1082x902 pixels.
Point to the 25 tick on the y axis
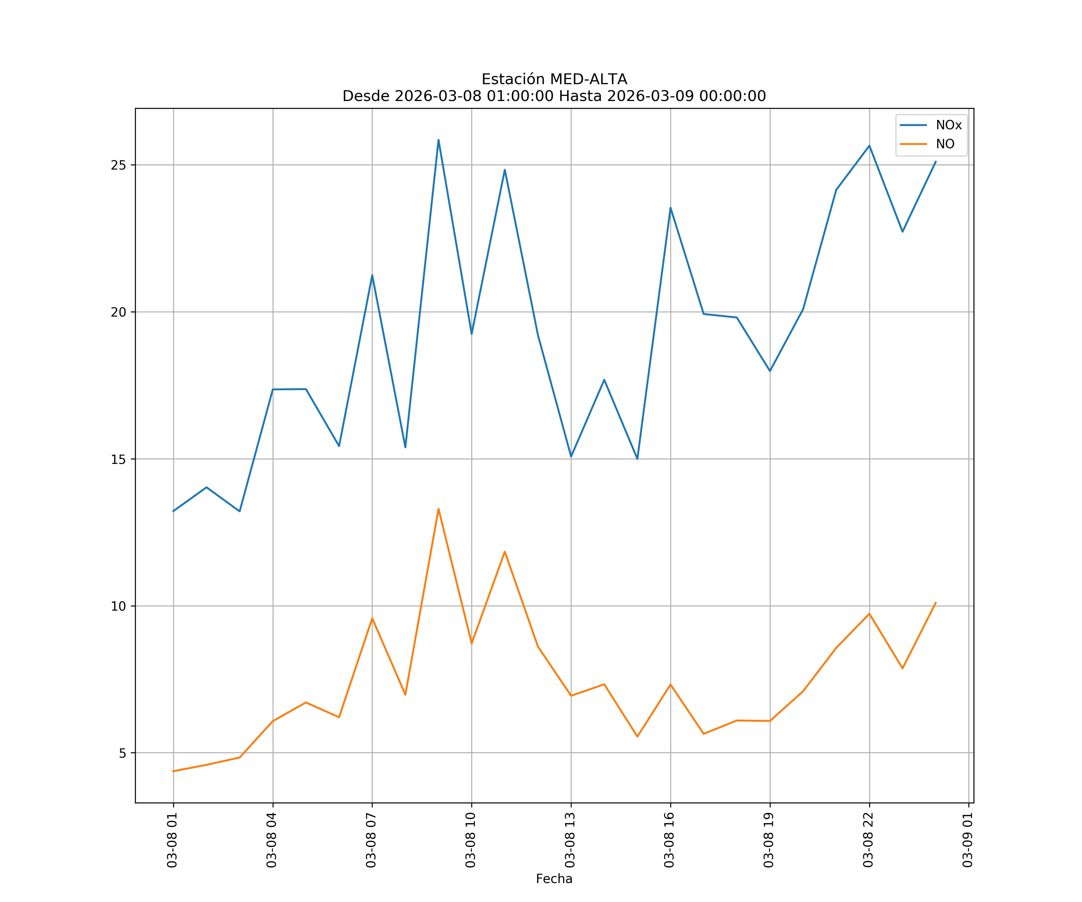pyautogui.click(x=118, y=165)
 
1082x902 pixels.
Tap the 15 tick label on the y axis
pyautogui.click(x=118, y=459)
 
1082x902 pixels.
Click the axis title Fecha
pyautogui.click(x=554, y=879)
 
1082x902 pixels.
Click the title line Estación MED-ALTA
pyautogui.click(x=554, y=79)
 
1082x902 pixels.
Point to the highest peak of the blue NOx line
pyautogui.click(x=439, y=140)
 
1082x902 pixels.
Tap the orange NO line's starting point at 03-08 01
pyautogui.click(x=174, y=771)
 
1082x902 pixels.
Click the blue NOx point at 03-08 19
pyautogui.click(x=770, y=371)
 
